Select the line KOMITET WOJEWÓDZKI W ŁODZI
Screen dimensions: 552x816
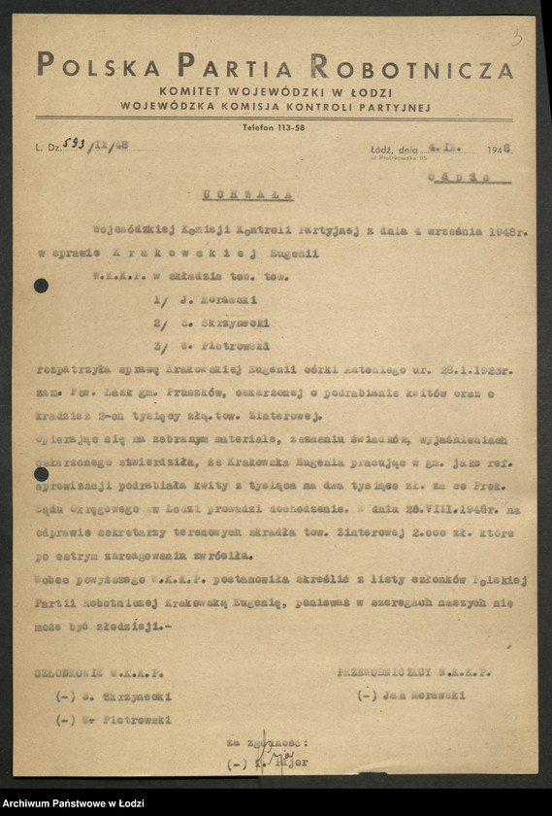coord(275,90)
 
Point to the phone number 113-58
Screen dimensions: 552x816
coord(286,128)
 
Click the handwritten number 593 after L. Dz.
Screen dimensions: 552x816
coord(74,143)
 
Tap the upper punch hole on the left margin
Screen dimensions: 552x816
coord(41,286)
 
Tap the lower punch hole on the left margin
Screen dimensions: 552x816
coord(41,474)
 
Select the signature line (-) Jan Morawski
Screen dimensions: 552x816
coord(411,696)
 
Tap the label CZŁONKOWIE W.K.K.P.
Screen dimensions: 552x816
coord(100,672)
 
